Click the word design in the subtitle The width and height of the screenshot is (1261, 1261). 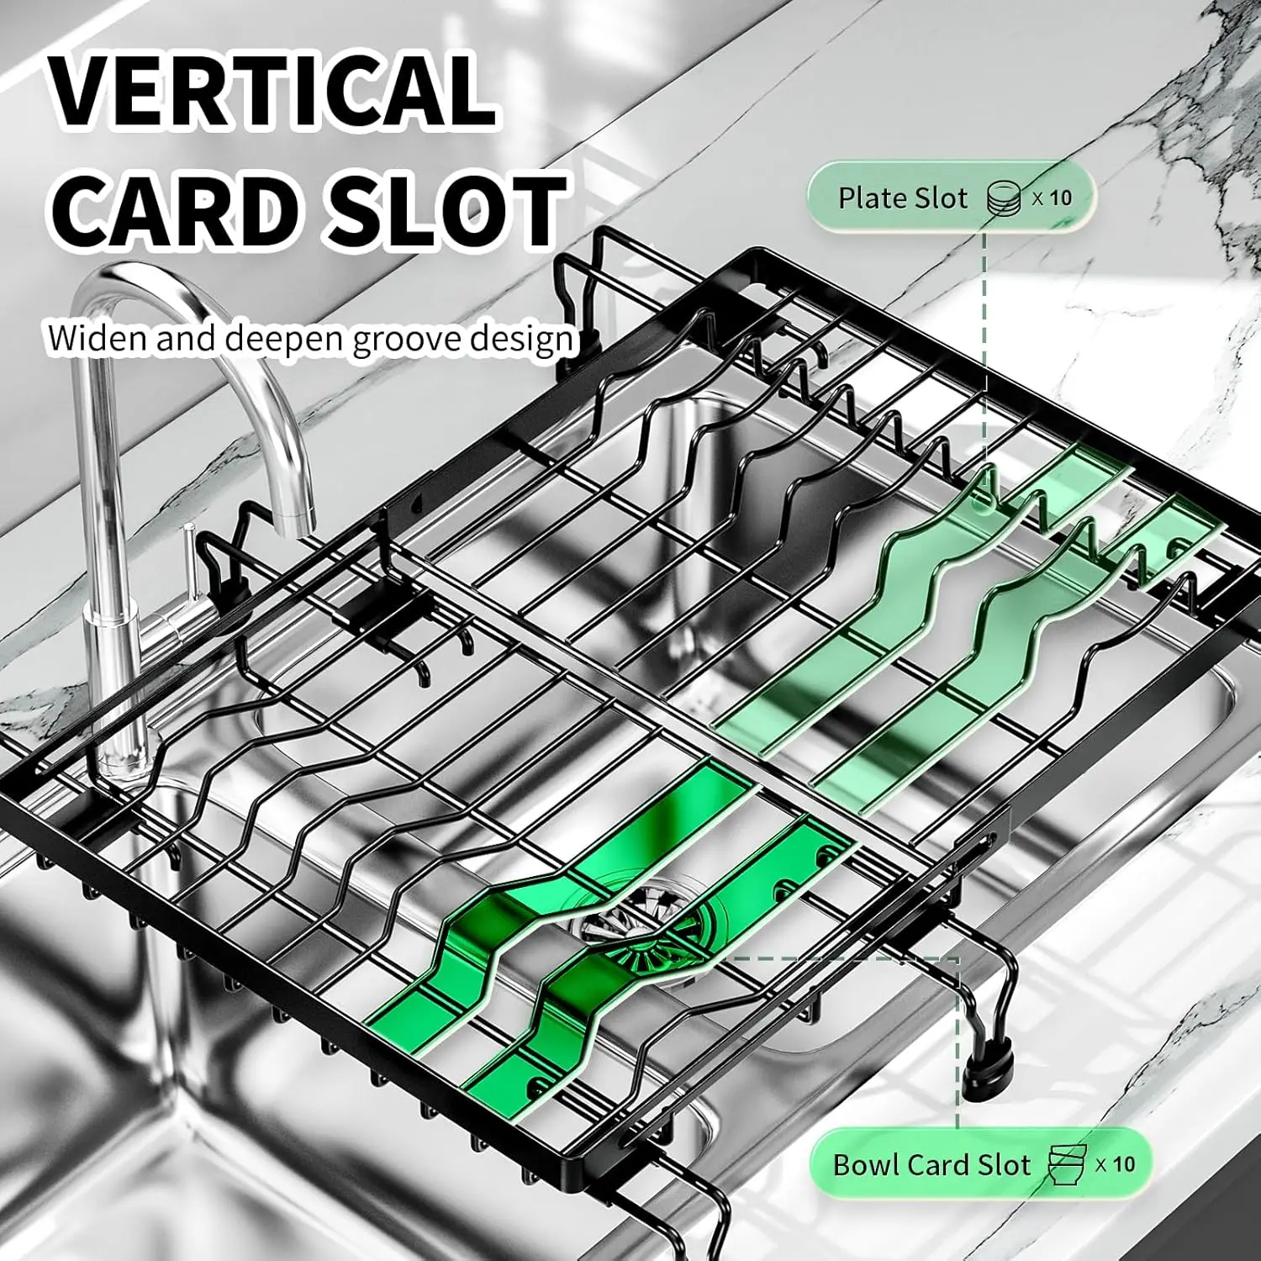521,339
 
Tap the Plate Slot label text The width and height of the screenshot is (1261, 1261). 903,198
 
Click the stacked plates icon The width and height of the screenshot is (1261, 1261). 1003,198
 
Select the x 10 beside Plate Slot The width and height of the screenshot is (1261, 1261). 1053,198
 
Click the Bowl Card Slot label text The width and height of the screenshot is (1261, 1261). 931,1165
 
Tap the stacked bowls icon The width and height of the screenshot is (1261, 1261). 1066,1164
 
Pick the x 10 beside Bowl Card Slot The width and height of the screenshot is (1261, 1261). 1116,1164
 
